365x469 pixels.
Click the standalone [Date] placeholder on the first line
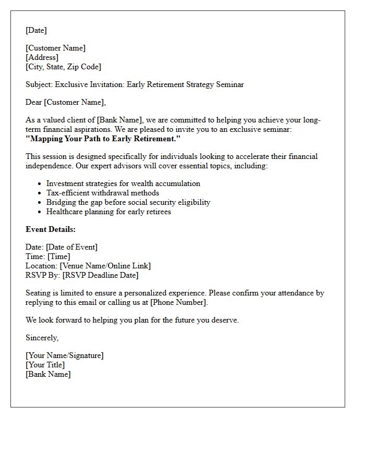pos(36,30)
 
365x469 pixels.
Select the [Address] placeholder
pos(42,57)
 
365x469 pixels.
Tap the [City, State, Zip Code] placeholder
pos(63,67)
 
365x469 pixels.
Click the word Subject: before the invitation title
pos(39,84)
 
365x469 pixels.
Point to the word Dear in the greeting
pos(33,102)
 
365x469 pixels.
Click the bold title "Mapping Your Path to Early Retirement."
pos(103,139)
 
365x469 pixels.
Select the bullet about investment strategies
pos(123,183)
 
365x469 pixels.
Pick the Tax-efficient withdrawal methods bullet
pos(103,193)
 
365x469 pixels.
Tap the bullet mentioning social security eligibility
pos(128,202)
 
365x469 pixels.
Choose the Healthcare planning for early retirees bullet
pos(108,212)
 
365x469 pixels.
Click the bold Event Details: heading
pos(51,229)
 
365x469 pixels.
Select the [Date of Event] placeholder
pos(71,247)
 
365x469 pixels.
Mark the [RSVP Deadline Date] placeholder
pos(100,275)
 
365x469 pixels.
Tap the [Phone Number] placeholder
pos(178,302)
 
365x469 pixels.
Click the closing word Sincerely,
pos(42,338)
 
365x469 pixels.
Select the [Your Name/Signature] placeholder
pos(65,355)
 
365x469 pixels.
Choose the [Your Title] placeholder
pos(45,365)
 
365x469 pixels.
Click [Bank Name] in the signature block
pos(48,374)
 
